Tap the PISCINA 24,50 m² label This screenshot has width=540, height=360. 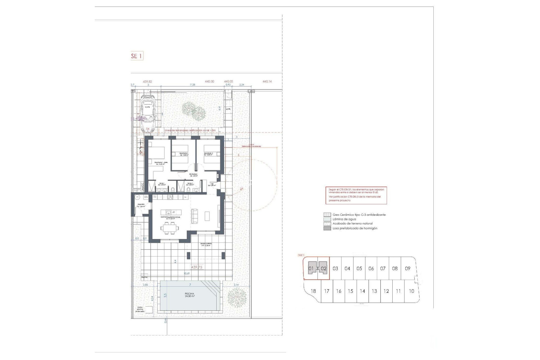coord(190,295)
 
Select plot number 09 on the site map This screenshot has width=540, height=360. coord(408,269)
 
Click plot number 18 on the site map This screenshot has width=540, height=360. coord(313,291)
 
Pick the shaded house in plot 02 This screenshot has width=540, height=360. coord(323,269)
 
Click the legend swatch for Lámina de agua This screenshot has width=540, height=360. coord(327,219)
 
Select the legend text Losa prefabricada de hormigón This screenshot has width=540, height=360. coord(355,228)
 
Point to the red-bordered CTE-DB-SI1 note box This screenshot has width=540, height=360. coord(356,195)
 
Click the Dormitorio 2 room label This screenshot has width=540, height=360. coord(184,154)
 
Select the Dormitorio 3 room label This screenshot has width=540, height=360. coord(208,154)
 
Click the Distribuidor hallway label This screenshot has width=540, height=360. coord(193,175)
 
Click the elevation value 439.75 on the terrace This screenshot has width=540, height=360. coord(197,267)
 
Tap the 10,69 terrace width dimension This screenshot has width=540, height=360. coord(186,273)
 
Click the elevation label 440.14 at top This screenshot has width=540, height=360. coord(267,82)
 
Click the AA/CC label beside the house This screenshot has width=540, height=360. coord(142,187)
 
